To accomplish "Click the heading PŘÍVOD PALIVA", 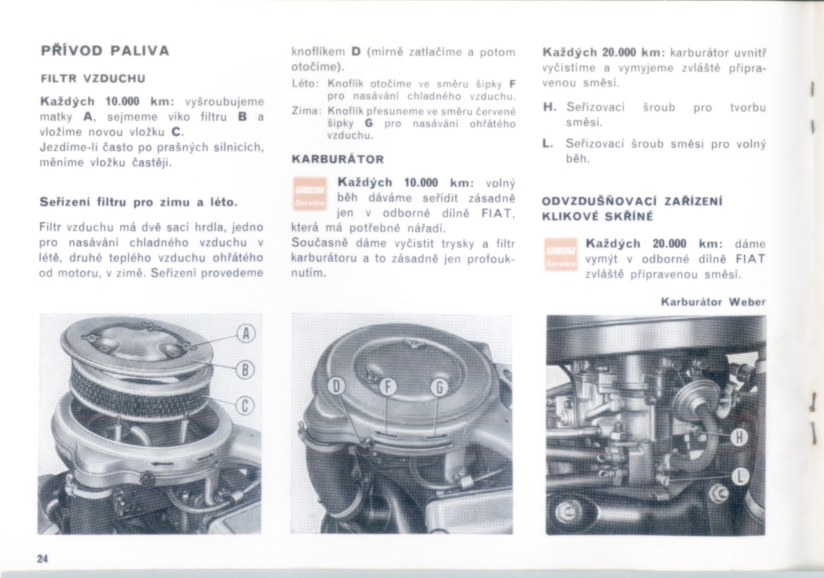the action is [105, 51].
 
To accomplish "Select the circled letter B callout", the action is [245, 370].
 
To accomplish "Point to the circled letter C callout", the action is [245, 407].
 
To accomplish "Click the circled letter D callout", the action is [337, 387].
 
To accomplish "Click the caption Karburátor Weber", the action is [713, 302].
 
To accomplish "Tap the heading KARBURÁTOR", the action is [338, 160].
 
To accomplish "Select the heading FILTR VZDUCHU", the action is [93, 79].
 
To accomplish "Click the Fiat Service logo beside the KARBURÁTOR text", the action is [310, 194].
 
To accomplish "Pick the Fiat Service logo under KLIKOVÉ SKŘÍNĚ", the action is [561, 254].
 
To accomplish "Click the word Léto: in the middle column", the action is [305, 84].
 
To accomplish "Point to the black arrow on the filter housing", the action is [161, 464].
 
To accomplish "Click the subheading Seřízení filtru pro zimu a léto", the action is [139, 202].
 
